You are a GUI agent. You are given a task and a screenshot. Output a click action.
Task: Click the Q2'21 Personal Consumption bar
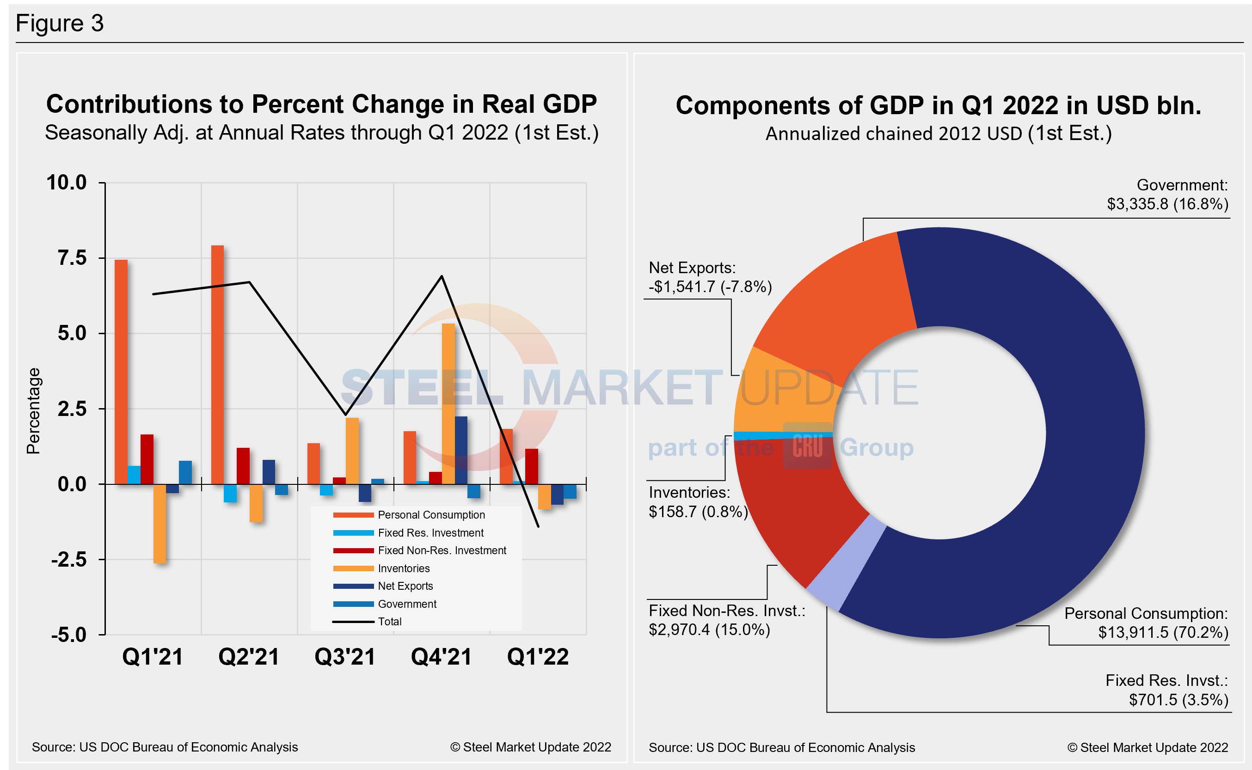point(217,364)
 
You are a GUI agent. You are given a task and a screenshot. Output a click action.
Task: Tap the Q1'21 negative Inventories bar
point(160,524)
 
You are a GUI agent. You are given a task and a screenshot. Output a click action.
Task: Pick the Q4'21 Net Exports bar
point(461,450)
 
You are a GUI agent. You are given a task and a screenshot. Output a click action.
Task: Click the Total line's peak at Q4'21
point(442,276)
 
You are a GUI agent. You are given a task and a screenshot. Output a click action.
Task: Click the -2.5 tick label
point(69,560)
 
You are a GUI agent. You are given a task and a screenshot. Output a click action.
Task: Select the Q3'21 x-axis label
point(345,656)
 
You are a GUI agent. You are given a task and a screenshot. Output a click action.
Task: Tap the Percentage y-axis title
point(33,410)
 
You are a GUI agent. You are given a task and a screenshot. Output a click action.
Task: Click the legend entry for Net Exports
point(405,586)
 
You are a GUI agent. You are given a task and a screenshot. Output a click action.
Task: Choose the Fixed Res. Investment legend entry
point(430,533)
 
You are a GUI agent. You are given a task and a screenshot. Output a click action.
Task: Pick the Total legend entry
point(390,622)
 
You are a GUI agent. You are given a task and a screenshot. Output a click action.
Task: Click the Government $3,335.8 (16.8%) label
point(1167,195)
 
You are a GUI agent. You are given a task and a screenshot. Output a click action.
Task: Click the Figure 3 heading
point(60,24)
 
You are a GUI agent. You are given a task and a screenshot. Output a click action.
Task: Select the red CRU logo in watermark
point(807,446)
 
